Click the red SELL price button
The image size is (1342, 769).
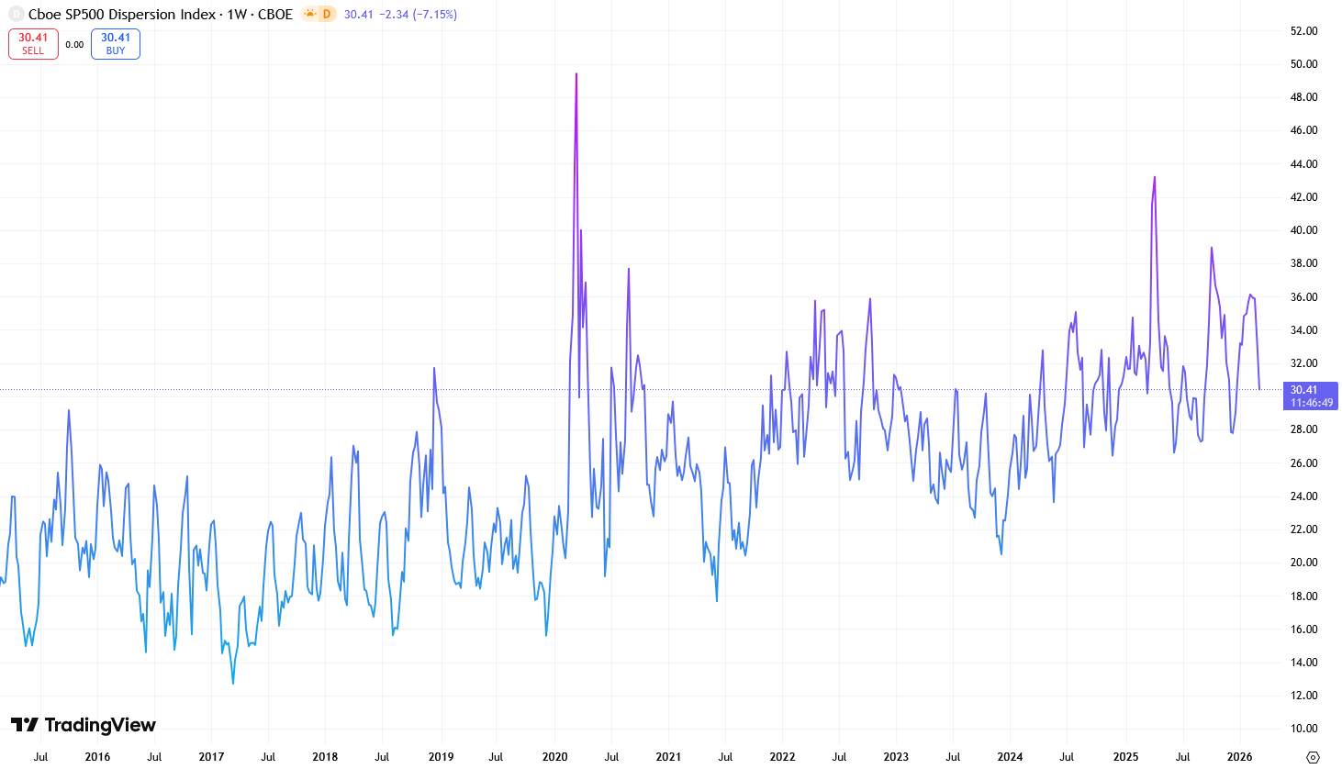[33, 44]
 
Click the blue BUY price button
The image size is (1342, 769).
[116, 44]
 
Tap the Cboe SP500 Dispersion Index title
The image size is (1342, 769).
[122, 15]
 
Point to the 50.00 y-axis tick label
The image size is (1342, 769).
[1303, 64]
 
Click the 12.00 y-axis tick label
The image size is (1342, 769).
[1303, 696]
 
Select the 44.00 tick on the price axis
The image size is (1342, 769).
[1303, 164]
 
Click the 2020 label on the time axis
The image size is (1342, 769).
[554, 757]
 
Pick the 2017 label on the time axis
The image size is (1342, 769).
[211, 757]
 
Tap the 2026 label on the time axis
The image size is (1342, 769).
[1239, 757]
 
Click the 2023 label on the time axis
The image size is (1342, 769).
[896, 757]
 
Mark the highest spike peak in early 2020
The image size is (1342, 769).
[576, 73]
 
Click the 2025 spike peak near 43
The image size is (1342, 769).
[1155, 177]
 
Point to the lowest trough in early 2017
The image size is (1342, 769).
[233, 683]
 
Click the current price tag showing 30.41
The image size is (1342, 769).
[1310, 396]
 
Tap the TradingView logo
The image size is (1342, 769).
[84, 725]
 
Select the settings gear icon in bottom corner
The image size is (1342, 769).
[1313, 757]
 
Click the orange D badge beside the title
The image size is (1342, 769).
[326, 15]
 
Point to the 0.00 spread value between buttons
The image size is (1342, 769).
[74, 44]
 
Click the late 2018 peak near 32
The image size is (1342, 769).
[434, 368]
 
